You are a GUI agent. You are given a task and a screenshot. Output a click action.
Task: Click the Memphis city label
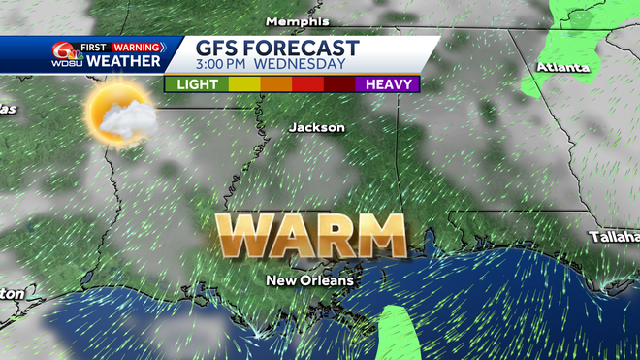point(297,21)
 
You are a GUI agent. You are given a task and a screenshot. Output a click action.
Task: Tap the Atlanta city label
point(563,68)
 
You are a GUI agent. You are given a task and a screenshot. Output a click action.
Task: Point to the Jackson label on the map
point(316,127)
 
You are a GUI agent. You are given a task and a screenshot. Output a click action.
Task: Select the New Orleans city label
point(310,281)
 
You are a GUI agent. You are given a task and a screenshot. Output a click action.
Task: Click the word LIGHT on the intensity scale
point(196,84)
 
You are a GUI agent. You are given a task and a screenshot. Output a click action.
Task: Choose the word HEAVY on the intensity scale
point(388,84)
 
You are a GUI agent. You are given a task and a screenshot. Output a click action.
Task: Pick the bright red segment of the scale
point(307,84)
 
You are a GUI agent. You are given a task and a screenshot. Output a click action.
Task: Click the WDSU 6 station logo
point(66,54)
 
